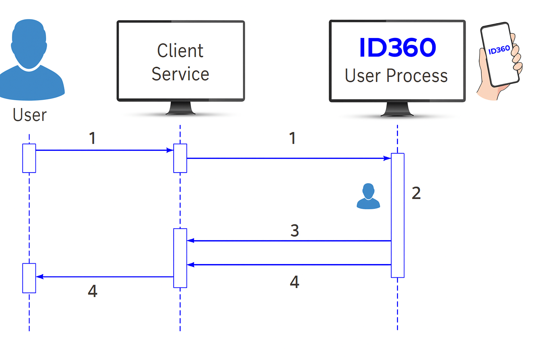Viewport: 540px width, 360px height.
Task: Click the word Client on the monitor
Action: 180,51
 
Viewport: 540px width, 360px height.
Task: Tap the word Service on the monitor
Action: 180,74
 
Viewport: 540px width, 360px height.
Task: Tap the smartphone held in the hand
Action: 500,54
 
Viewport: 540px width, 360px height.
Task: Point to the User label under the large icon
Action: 30,115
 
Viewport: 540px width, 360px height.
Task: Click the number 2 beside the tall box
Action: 416,193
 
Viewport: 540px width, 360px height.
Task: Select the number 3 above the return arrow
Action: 295,231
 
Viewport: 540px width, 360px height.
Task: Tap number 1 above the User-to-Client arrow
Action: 92,138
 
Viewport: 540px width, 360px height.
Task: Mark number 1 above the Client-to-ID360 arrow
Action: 292,138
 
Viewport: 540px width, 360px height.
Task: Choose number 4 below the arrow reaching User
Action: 92,291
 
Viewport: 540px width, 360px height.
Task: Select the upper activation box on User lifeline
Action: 29,158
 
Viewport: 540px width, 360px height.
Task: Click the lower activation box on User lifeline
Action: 29,278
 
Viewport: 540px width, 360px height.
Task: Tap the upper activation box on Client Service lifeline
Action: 180,158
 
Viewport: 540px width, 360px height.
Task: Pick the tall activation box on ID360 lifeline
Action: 398,215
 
